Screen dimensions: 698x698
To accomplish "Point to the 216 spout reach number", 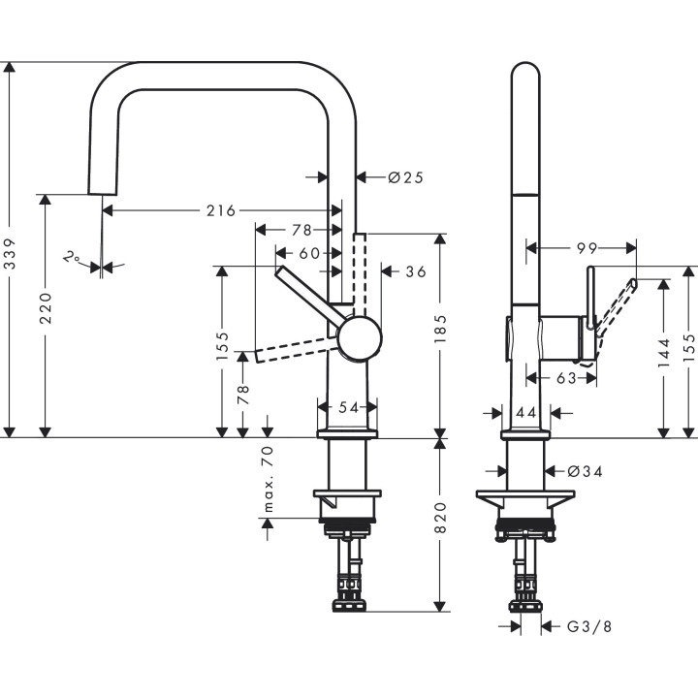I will (221, 210).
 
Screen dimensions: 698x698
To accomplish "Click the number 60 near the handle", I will (309, 253).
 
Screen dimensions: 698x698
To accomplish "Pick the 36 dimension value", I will (416, 271).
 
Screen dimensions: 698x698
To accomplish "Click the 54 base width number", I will (346, 407).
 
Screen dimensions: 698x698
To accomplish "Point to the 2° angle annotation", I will (71, 257).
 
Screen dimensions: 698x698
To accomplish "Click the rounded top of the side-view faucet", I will (524, 72).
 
